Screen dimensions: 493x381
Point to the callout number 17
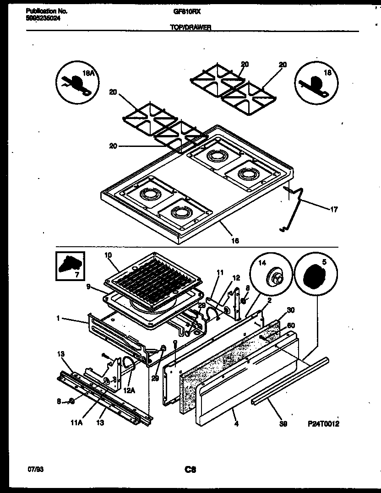334,210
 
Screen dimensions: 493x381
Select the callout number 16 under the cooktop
236,240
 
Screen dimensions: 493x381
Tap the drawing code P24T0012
323,424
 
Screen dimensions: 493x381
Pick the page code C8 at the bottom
190,470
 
